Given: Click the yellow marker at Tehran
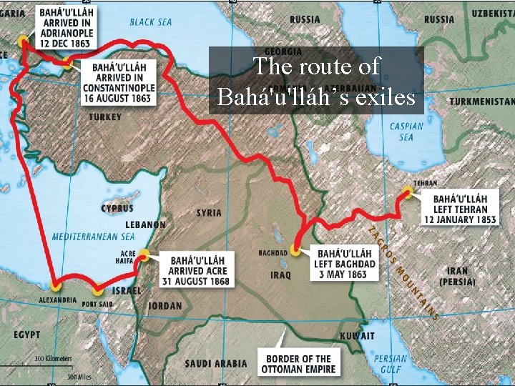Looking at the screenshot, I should [x=407, y=191].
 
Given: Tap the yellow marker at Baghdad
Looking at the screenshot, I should [x=295, y=250].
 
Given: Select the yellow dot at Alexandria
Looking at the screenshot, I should [x=57, y=284].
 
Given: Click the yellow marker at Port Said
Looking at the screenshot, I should [x=98, y=290].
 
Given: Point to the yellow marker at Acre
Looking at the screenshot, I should [x=144, y=254].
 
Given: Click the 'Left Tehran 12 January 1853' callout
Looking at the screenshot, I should [x=464, y=208].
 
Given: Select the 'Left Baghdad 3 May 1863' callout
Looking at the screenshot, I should [x=345, y=264].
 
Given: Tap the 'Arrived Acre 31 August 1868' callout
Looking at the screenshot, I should [x=197, y=269].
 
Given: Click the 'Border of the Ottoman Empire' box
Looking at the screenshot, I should [x=299, y=364].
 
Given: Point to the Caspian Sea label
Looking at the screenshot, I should [x=406, y=132].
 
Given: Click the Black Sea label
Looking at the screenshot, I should [x=151, y=22].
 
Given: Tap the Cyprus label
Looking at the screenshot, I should [x=117, y=209].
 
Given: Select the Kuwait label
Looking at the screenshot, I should [x=358, y=336].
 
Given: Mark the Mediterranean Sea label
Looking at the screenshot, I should [x=93, y=236].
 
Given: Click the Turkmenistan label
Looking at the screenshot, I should [x=481, y=102].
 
